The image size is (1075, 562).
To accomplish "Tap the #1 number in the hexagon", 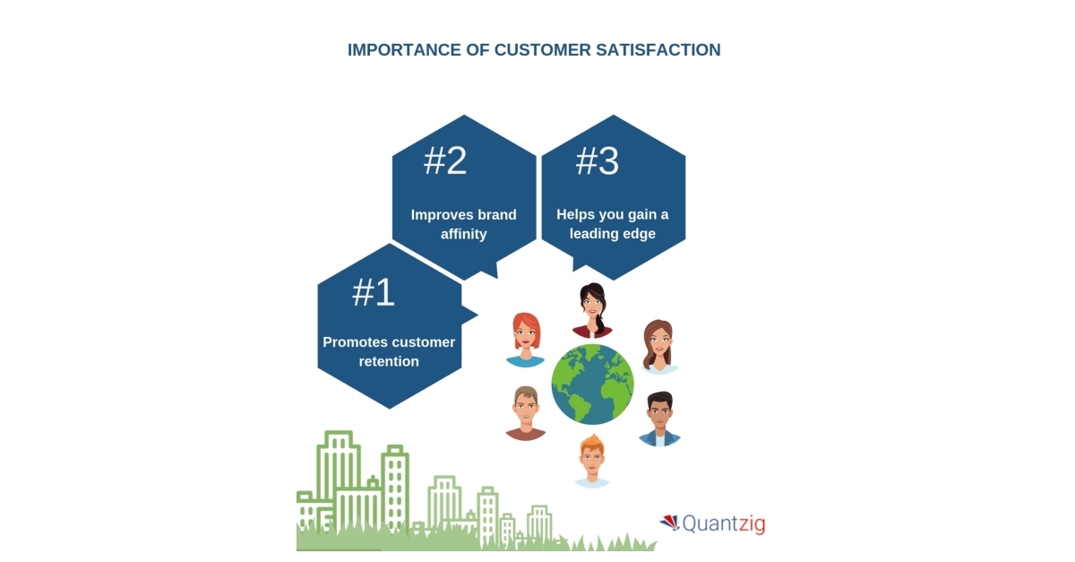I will click(374, 293).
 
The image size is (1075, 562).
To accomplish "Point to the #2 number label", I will click(445, 161).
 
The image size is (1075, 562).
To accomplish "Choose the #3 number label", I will click(597, 161).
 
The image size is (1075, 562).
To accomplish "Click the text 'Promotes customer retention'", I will click(389, 352).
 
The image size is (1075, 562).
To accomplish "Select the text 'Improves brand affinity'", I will click(463, 224).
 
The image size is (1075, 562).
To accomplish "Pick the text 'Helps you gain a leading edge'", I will click(613, 224).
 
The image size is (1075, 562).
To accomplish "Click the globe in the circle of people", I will click(592, 384).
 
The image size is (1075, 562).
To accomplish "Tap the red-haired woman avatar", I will click(526, 340).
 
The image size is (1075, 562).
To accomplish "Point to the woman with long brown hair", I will click(658, 346).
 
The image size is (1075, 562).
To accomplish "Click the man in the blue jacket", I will click(660, 419).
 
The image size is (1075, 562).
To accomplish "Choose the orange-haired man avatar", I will click(591, 461).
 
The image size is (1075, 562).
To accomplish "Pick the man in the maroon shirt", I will click(526, 413).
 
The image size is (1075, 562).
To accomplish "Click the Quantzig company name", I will click(724, 523).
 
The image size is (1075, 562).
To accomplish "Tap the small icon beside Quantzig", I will click(669, 522).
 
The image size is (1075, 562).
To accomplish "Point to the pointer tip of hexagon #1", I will click(477, 315).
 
